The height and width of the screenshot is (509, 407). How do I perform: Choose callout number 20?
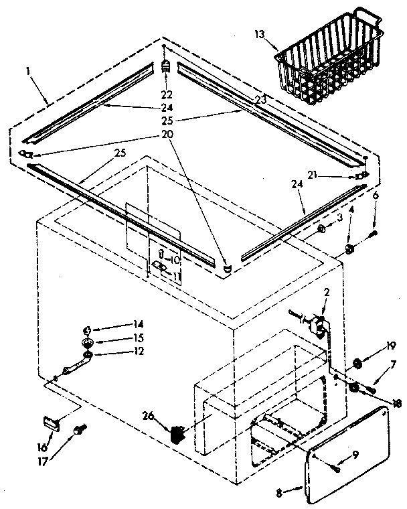167,134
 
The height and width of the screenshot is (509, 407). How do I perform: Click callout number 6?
376,196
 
